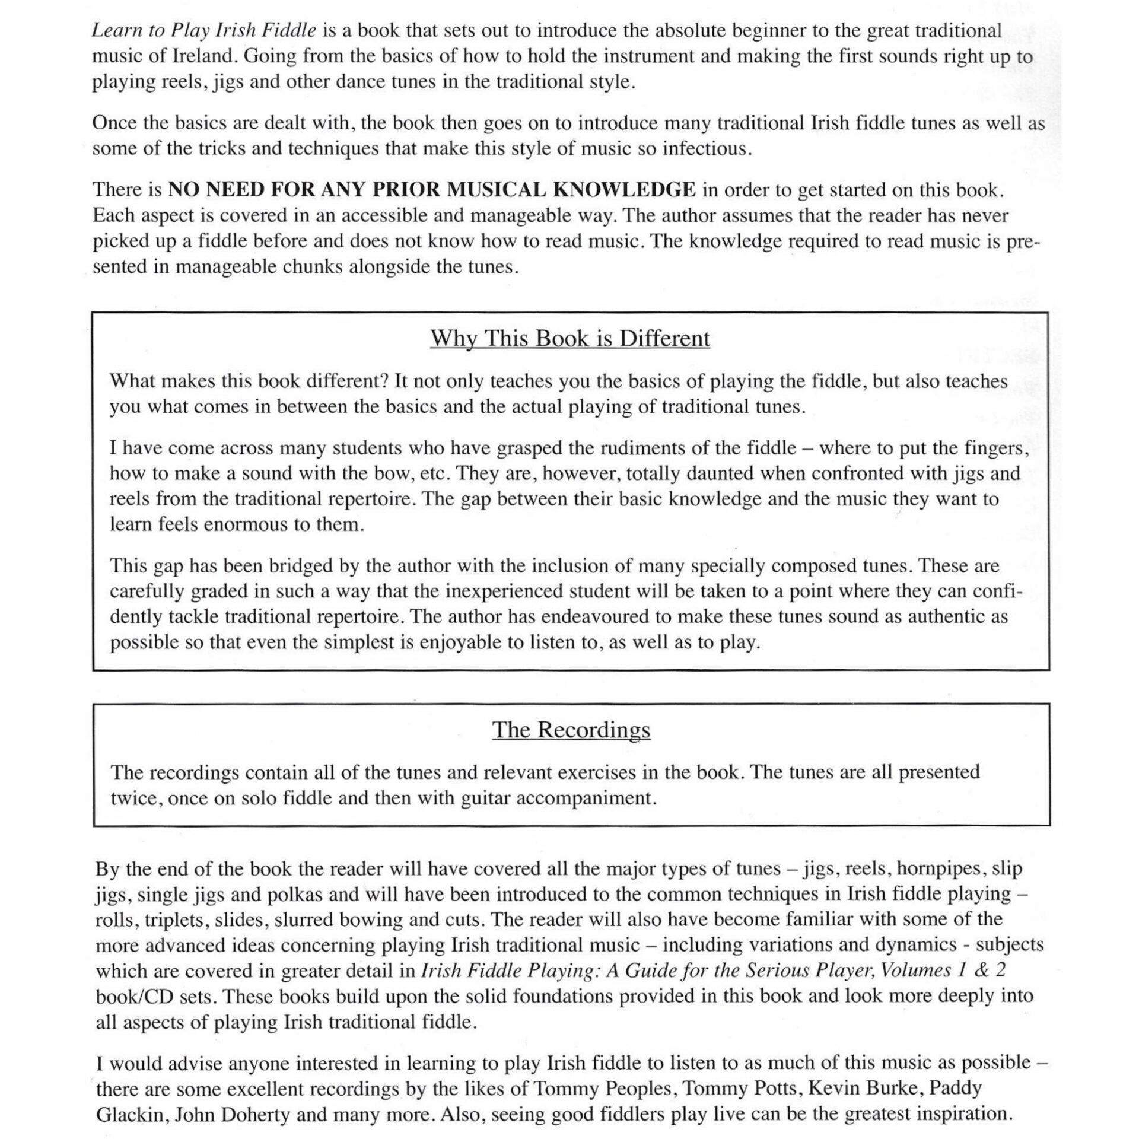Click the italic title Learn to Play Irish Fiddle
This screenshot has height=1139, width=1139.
tap(203, 31)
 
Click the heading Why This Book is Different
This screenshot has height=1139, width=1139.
tap(570, 339)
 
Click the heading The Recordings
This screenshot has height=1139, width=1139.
tap(571, 730)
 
